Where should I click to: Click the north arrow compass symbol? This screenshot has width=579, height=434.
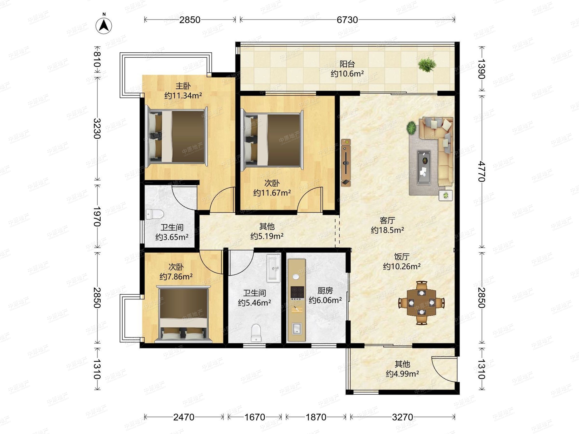coord(104,26)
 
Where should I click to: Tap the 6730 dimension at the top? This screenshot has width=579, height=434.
coord(347,20)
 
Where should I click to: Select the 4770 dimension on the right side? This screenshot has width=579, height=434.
coord(482,171)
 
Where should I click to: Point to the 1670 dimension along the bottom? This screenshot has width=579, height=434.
coord(255,417)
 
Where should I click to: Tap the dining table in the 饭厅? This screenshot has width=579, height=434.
coord(421,303)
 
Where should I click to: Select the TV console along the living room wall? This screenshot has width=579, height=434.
coord(346,163)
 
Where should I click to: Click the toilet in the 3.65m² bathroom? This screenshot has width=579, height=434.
coord(155,215)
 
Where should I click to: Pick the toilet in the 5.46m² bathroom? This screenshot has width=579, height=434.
coord(256,333)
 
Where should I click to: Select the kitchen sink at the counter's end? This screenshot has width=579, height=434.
coord(296,329)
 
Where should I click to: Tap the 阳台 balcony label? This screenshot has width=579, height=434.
coord(347,64)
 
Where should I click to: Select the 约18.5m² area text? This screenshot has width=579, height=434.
coord(387,230)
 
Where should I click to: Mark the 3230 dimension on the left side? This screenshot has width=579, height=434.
coord(97,129)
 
